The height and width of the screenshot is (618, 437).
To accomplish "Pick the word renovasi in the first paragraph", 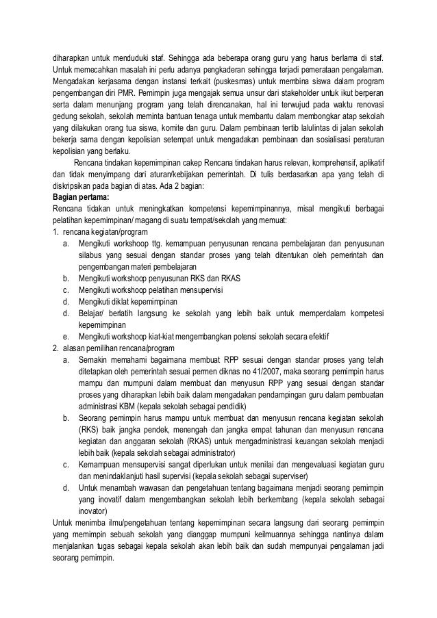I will [369, 103].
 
